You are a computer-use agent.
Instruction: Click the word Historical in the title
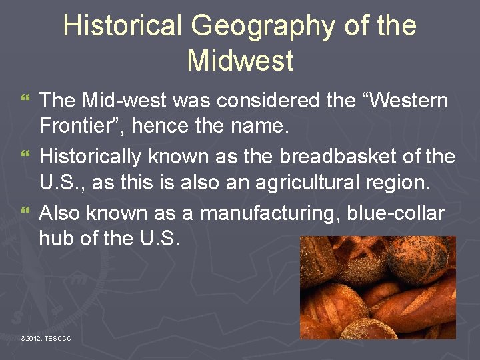(122, 27)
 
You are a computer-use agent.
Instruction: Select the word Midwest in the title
(240, 61)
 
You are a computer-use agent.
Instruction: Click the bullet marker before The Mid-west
(26, 101)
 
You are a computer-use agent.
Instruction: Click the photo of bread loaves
(377, 287)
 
